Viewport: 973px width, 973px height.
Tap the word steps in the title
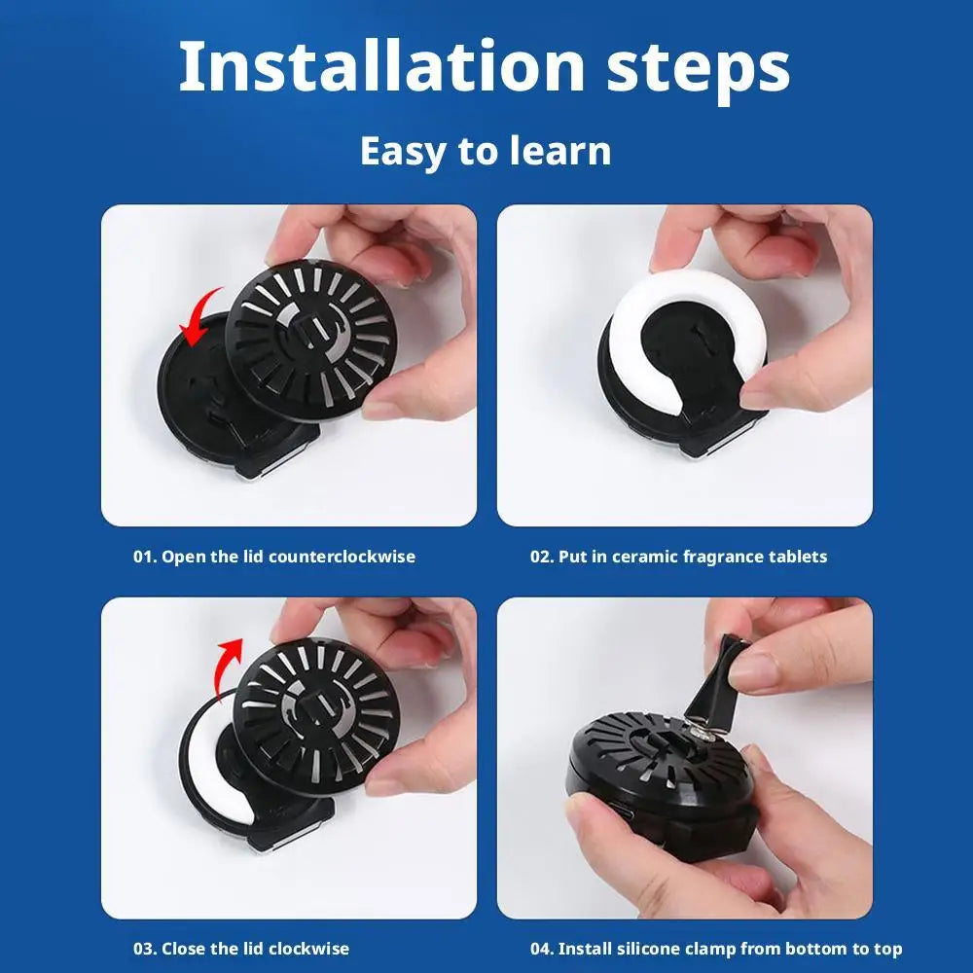coord(695,68)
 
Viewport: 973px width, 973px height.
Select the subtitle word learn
coord(565,152)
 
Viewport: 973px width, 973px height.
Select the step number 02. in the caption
coord(542,557)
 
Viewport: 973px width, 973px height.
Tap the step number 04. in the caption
coord(542,948)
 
